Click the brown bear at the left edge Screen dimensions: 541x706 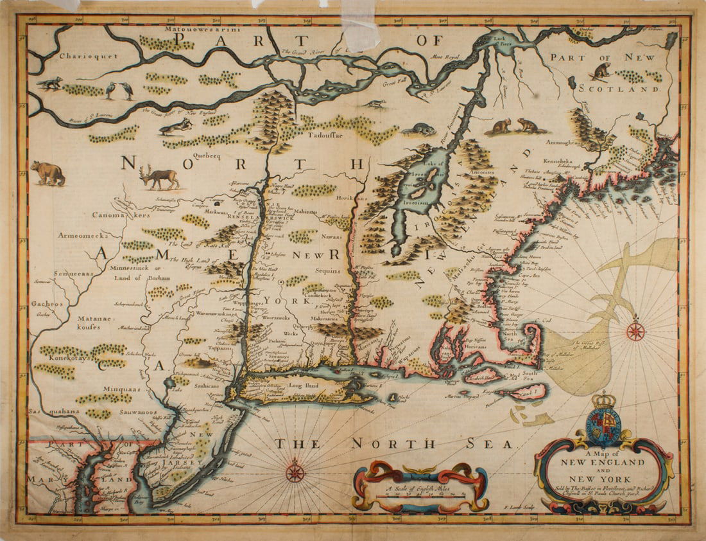coord(48,172)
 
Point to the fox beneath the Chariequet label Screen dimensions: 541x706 coord(49,83)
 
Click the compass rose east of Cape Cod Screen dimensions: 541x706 coord(635,331)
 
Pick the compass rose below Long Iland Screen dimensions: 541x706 coord(295,472)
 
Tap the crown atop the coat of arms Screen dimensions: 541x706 coord(603,400)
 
